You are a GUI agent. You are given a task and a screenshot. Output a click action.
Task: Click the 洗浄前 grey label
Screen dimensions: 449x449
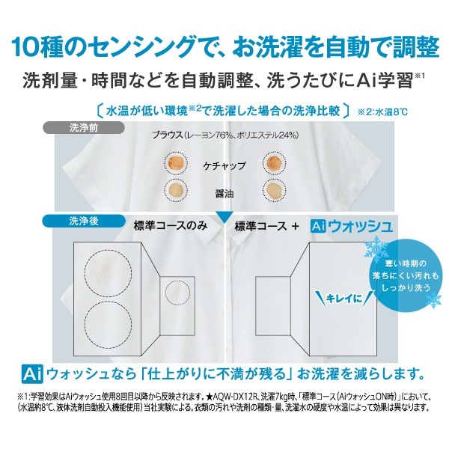click(x=84, y=128)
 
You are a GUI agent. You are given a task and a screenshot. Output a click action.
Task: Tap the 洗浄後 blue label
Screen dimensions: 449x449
click(x=84, y=221)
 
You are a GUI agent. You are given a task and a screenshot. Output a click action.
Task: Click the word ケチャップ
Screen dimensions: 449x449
click(x=224, y=166)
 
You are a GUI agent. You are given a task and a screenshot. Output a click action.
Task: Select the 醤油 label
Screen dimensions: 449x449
click(x=224, y=194)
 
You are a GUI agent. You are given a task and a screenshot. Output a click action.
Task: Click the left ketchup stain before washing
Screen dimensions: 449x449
click(x=176, y=162)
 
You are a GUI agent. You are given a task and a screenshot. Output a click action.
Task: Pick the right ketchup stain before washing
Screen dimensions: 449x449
click(x=274, y=162)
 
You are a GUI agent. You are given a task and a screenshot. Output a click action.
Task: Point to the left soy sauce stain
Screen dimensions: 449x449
click(x=176, y=189)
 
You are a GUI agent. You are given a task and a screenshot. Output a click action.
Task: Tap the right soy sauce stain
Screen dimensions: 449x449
click(x=274, y=189)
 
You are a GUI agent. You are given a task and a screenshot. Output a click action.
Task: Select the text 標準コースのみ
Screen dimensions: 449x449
click(x=171, y=226)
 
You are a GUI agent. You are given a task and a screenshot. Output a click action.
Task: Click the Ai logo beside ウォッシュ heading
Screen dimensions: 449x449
click(x=319, y=227)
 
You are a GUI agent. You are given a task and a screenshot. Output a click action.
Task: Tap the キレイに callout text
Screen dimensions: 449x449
click(x=343, y=299)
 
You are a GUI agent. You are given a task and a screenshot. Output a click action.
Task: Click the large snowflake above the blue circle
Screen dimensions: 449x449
click(x=376, y=248)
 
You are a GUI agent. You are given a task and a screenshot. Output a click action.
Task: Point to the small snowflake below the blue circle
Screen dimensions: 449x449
click(x=433, y=300)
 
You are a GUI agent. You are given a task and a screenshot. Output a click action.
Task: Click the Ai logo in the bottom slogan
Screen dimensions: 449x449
click(x=32, y=374)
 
